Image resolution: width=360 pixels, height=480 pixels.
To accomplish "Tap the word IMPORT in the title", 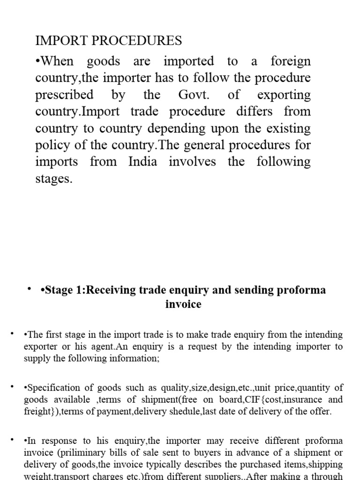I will (x=57, y=41).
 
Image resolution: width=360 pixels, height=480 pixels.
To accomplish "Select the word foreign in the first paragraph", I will (x=291, y=61).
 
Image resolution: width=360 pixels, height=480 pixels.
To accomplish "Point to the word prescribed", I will (x=64, y=95).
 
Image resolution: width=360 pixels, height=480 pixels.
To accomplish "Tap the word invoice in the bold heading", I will (x=183, y=304).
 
